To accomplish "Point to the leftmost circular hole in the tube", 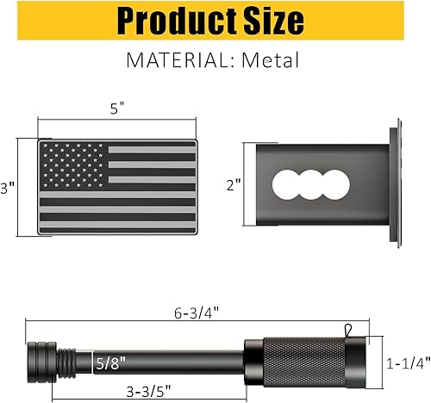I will pyautogui.click(x=284, y=183).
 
